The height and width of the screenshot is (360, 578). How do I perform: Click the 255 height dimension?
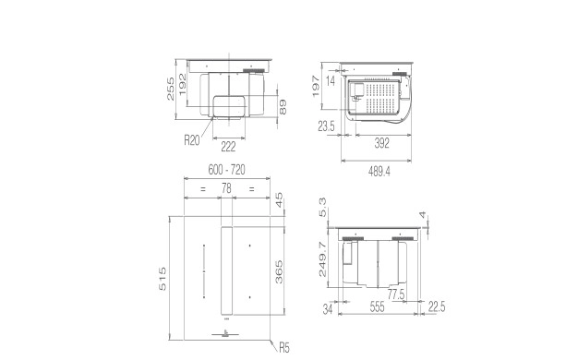[170, 89]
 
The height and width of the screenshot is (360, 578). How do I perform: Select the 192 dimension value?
[183, 84]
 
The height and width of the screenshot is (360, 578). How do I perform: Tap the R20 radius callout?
[192, 140]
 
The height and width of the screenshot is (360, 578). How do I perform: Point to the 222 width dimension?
[228, 147]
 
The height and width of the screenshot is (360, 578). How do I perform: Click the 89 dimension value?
[283, 107]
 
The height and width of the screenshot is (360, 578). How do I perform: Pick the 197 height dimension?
[316, 86]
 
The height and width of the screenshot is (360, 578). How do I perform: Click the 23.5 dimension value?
[326, 126]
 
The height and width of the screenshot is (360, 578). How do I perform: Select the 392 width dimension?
[382, 143]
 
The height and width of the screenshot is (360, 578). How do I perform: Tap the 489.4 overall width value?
[379, 172]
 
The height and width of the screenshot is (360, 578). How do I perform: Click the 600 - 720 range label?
[227, 170]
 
